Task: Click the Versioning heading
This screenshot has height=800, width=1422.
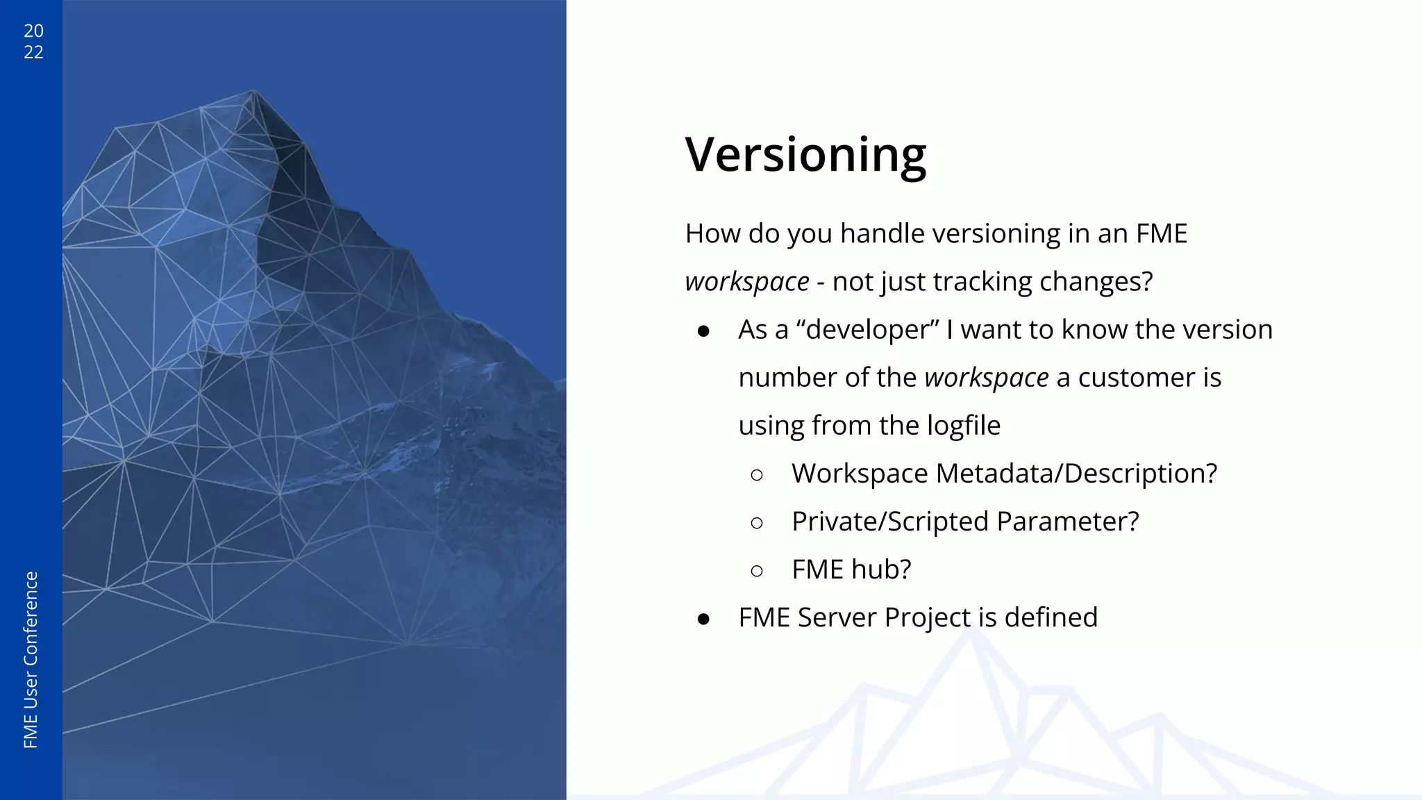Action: pos(805,154)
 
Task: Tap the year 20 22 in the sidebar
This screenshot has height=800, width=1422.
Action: pos(33,42)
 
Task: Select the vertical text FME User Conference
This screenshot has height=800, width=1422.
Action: pos(31,660)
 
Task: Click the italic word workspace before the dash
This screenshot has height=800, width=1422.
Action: pos(746,282)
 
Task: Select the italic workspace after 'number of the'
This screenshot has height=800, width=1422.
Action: pos(986,378)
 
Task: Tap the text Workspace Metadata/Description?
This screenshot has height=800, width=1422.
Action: pos(1004,474)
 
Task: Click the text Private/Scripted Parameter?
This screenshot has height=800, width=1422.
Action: pos(965,522)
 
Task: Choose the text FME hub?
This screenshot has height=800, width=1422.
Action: pos(851,569)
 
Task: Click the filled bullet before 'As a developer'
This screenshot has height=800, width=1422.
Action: pos(703,331)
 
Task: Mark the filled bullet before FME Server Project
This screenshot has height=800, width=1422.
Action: pos(703,619)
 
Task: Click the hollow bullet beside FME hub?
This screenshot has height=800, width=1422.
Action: pos(757,571)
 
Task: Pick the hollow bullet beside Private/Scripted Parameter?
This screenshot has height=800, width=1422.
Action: pos(757,523)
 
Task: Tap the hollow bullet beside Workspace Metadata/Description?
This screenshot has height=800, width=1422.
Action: pos(757,475)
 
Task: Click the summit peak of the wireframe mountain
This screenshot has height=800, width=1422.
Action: pos(253,91)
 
